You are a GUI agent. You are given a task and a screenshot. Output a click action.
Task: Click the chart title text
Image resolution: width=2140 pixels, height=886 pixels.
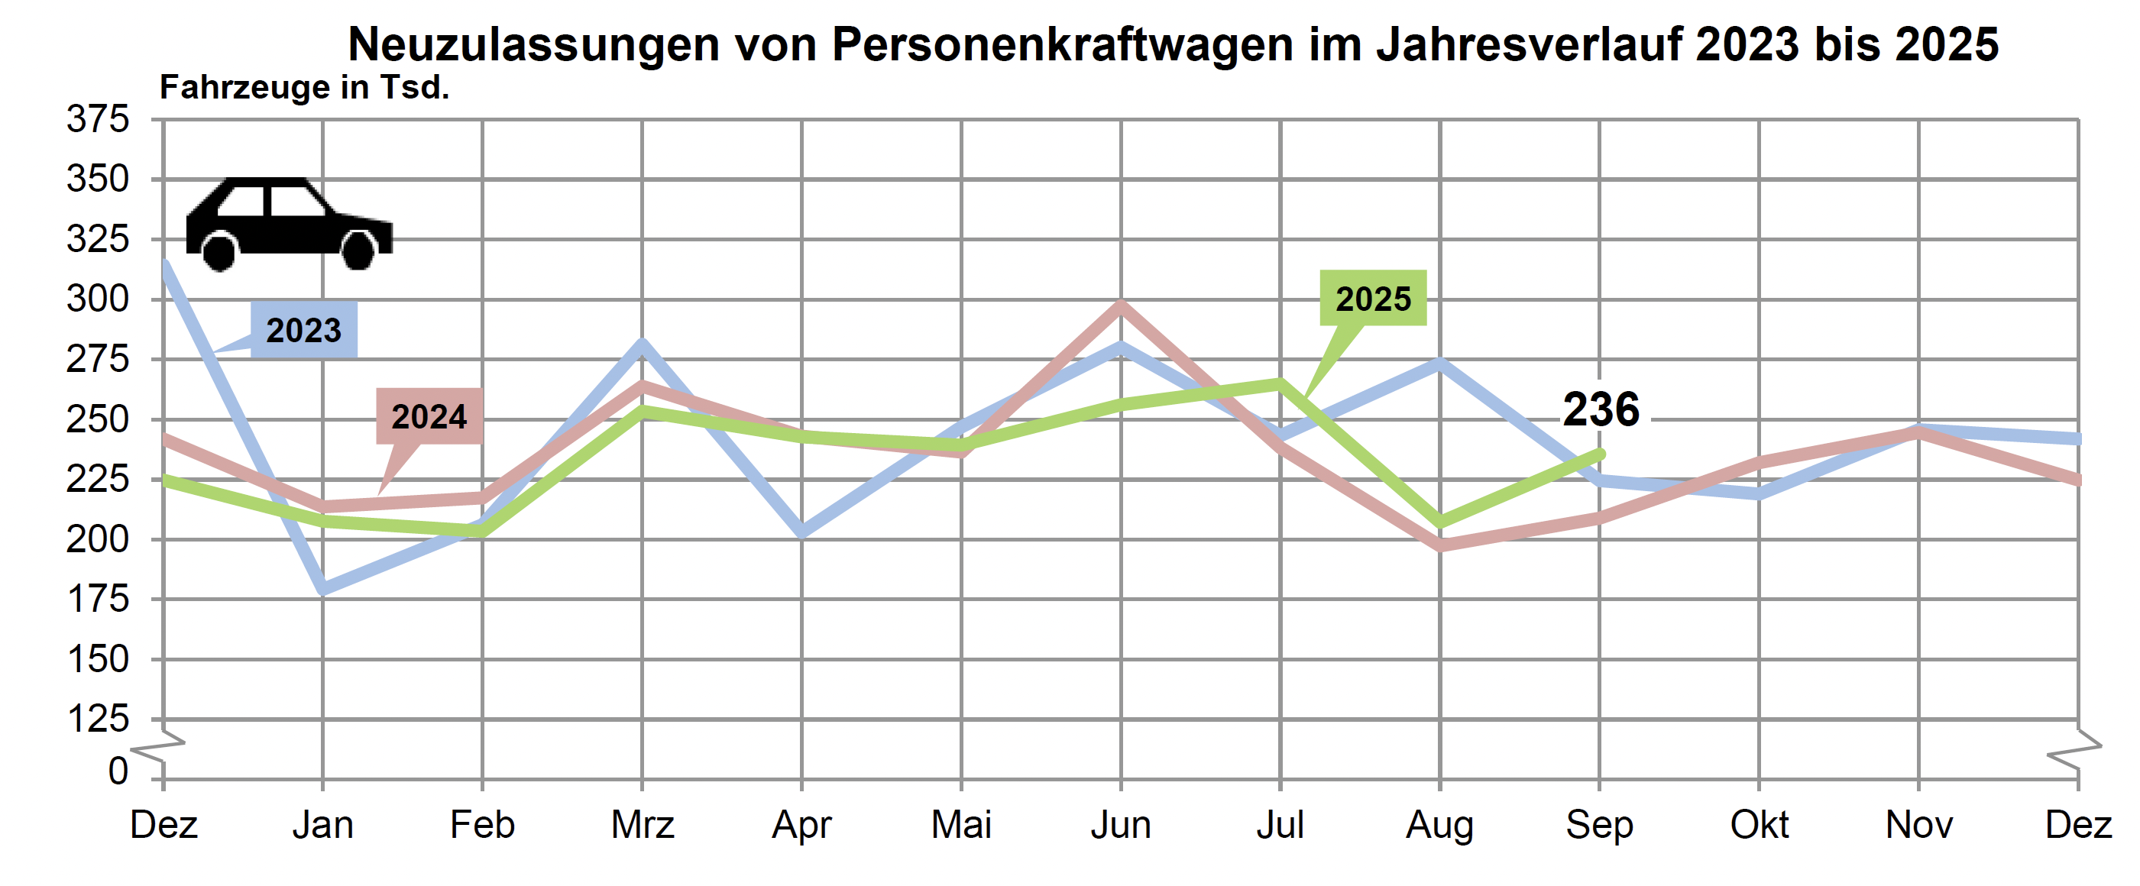pyautogui.click(x=1172, y=44)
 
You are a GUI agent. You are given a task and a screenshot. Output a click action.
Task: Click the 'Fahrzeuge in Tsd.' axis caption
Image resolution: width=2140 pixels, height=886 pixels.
pyautogui.click(x=304, y=87)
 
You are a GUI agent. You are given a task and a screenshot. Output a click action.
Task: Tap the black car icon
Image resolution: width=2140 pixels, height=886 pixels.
pyautogui.click(x=288, y=223)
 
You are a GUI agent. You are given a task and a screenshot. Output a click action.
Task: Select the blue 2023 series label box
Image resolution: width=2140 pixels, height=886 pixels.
pyautogui.click(x=304, y=331)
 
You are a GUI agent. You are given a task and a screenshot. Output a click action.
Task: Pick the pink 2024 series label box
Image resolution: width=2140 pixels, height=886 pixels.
pyautogui.click(x=429, y=416)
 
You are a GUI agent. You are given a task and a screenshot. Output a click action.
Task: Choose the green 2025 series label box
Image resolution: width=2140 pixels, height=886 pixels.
pyautogui.click(x=1372, y=298)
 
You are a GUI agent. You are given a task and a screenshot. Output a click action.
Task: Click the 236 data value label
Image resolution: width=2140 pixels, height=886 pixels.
pyautogui.click(x=1601, y=409)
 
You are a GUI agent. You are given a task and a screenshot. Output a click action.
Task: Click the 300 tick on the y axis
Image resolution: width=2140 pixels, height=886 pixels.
pyautogui.click(x=98, y=299)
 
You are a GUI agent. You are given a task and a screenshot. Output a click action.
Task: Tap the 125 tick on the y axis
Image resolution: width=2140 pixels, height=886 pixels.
pyautogui.click(x=98, y=719)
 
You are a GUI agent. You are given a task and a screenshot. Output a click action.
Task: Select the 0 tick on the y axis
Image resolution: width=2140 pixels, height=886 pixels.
pyautogui.click(x=118, y=771)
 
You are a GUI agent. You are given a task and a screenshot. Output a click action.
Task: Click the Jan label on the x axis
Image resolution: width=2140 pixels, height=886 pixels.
pyautogui.click(x=322, y=826)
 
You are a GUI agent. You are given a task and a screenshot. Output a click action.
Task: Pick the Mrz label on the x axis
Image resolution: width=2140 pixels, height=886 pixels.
pyautogui.click(x=643, y=826)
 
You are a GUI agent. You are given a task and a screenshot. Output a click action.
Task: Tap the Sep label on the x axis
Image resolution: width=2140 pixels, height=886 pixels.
pyautogui.click(x=1599, y=826)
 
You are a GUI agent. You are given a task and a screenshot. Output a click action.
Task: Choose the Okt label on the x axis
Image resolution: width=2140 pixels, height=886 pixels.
pyautogui.click(x=1759, y=826)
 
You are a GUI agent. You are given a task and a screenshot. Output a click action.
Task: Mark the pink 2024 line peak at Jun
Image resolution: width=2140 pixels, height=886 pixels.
pyautogui.click(x=1121, y=306)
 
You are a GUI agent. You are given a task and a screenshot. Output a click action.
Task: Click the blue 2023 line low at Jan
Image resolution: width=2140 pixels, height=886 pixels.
pyautogui.click(x=323, y=589)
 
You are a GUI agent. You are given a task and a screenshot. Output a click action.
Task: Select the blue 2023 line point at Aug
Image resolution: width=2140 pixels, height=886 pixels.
pyautogui.click(x=1439, y=363)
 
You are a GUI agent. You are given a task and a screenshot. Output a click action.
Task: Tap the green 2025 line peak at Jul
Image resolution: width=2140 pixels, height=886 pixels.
pyautogui.click(x=1280, y=383)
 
